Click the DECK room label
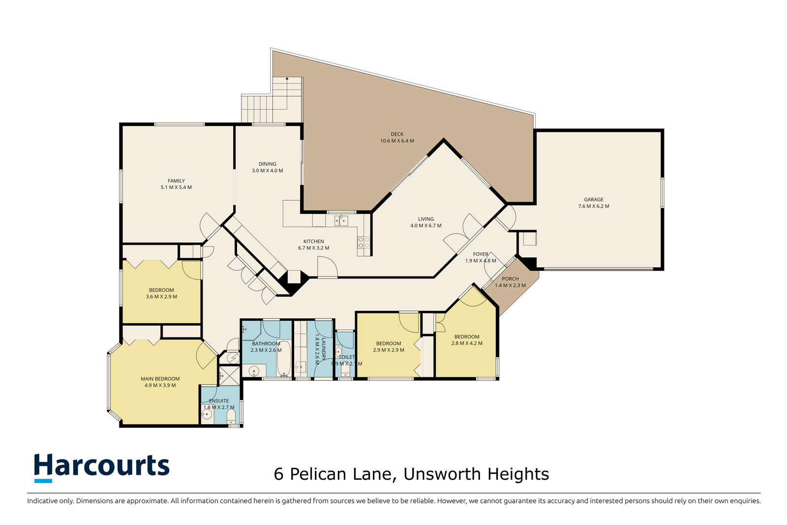tap(397, 134)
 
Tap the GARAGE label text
tap(594, 199)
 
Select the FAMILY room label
tap(176, 181)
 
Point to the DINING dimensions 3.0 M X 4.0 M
tap(268, 170)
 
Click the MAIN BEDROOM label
tap(160, 378)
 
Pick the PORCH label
tap(510, 278)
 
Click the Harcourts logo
tap(101, 468)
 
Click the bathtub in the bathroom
tap(284, 358)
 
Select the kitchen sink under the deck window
tap(341, 220)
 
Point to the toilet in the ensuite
tap(231, 417)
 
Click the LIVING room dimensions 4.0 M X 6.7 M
tap(426, 226)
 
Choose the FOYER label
tap(481, 254)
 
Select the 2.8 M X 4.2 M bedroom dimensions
tap(467, 343)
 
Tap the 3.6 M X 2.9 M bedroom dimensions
tap(161, 296)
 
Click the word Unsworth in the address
tap(442, 474)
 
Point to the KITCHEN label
tap(314, 242)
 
